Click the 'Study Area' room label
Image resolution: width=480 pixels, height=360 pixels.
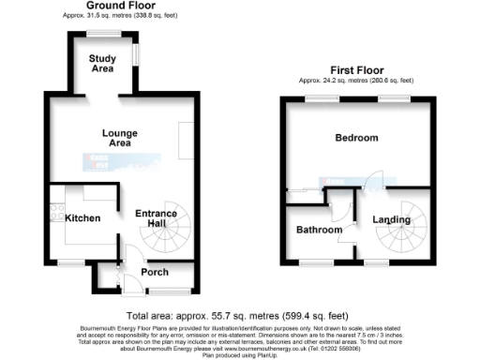point(102,63)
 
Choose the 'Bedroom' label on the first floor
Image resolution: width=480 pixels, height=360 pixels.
point(356,138)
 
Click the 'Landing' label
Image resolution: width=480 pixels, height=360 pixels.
point(391,220)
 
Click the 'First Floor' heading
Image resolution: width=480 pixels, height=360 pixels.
point(357,70)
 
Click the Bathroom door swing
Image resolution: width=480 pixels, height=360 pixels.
point(345,204)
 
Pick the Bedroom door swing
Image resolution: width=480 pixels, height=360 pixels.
point(372,178)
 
